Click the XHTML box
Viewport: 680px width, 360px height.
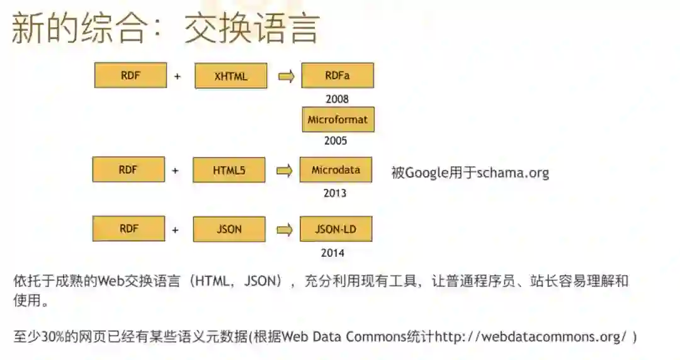(x=231, y=77)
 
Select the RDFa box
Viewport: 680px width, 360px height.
(x=337, y=76)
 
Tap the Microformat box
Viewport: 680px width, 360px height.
(x=338, y=120)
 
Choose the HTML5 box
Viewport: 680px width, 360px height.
(x=229, y=170)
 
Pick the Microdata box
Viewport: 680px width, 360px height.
(x=336, y=170)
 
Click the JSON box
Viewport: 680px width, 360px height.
(x=229, y=229)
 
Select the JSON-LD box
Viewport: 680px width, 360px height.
(x=336, y=229)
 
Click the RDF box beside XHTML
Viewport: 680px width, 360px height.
(x=130, y=76)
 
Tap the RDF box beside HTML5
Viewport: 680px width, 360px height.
(x=128, y=169)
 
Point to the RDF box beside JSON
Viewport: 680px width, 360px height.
(x=128, y=228)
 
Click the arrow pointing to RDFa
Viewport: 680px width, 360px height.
(x=286, y=77)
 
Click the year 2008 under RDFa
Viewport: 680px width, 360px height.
(x=337, y=99)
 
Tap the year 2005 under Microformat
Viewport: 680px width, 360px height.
(x=336, y=141)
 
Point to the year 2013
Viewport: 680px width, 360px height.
(x=335, y=193)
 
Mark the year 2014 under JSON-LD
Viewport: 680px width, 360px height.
(x=332, y=254)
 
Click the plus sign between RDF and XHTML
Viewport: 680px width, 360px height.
(x=178, y=77)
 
